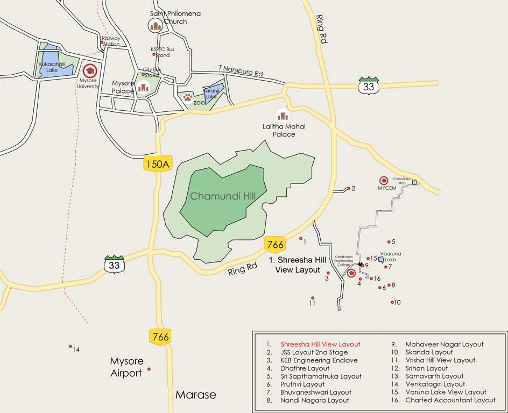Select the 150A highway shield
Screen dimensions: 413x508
tap(158, 164)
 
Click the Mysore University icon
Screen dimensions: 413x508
tap(90, 70)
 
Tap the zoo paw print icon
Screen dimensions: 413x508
tap(187, 97)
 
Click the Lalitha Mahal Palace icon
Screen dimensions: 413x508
tap(283, 115)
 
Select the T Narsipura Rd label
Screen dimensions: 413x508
tap(241, 70)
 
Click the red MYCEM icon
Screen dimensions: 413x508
tap(384, 181)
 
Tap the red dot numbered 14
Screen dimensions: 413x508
tap(70, 346)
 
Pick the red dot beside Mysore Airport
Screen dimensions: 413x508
tap(149, 369)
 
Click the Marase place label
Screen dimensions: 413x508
tap(195, 395)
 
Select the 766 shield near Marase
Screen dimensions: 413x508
tap(160, 337)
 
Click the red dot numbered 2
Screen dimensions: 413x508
tap(349, 188)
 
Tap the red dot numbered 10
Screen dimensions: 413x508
tap(392, 302)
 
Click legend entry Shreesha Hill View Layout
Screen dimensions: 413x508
tap(320, 344)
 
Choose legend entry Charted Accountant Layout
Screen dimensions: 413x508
tap(450, 400)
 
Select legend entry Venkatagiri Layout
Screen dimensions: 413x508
tap(435, 384)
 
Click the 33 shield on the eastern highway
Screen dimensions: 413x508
tap(369, 86)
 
